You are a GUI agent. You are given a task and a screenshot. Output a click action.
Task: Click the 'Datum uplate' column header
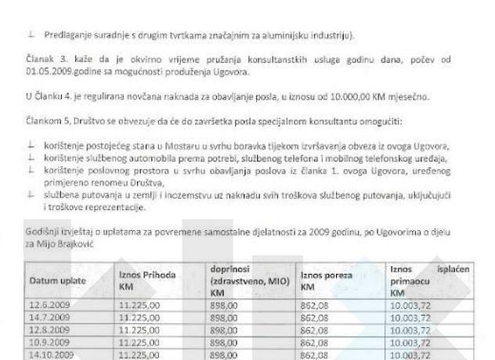[57, 280]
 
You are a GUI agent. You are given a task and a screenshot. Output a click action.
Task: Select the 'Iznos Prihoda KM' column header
[146, 280]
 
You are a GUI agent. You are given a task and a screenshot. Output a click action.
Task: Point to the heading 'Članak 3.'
[44, 60]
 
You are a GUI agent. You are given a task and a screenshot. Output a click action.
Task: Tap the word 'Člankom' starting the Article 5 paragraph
[43, 122]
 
